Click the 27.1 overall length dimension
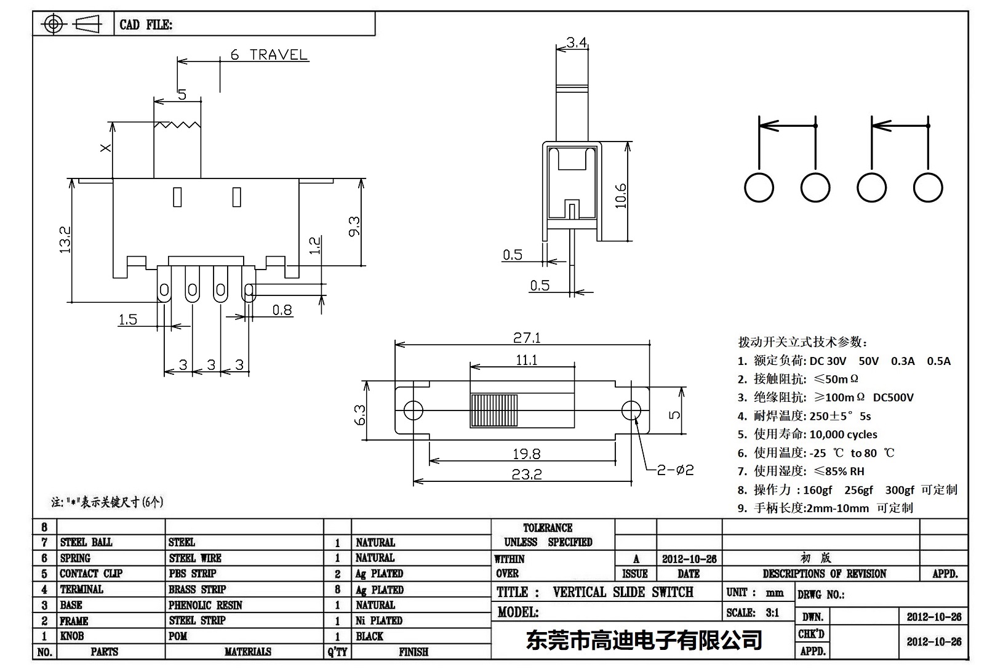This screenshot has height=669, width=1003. point(527,337)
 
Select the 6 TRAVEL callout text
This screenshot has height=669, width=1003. point(269,55)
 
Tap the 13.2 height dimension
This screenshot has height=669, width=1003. point(65,239)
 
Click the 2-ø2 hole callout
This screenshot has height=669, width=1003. point(675,470)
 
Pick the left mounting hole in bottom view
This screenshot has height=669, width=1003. point(413,410)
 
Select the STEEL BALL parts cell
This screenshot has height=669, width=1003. point(86,542)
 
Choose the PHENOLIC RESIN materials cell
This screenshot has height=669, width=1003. point(206,605)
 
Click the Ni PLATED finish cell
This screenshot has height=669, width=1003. point(379,620)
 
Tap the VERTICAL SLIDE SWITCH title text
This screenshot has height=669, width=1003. point(623,592)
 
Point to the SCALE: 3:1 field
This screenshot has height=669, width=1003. point(753,612)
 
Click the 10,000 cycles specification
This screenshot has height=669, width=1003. point(843,435)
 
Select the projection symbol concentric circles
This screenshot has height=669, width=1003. point(54,25)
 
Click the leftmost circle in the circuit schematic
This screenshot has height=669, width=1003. point(759,188)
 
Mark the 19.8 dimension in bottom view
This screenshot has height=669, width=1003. point(527,454)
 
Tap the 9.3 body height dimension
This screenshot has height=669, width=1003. point(354,226)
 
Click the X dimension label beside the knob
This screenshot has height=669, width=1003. point(106,148)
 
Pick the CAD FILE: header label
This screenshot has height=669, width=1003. point(146,25)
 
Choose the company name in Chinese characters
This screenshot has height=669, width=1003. point(644,640)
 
